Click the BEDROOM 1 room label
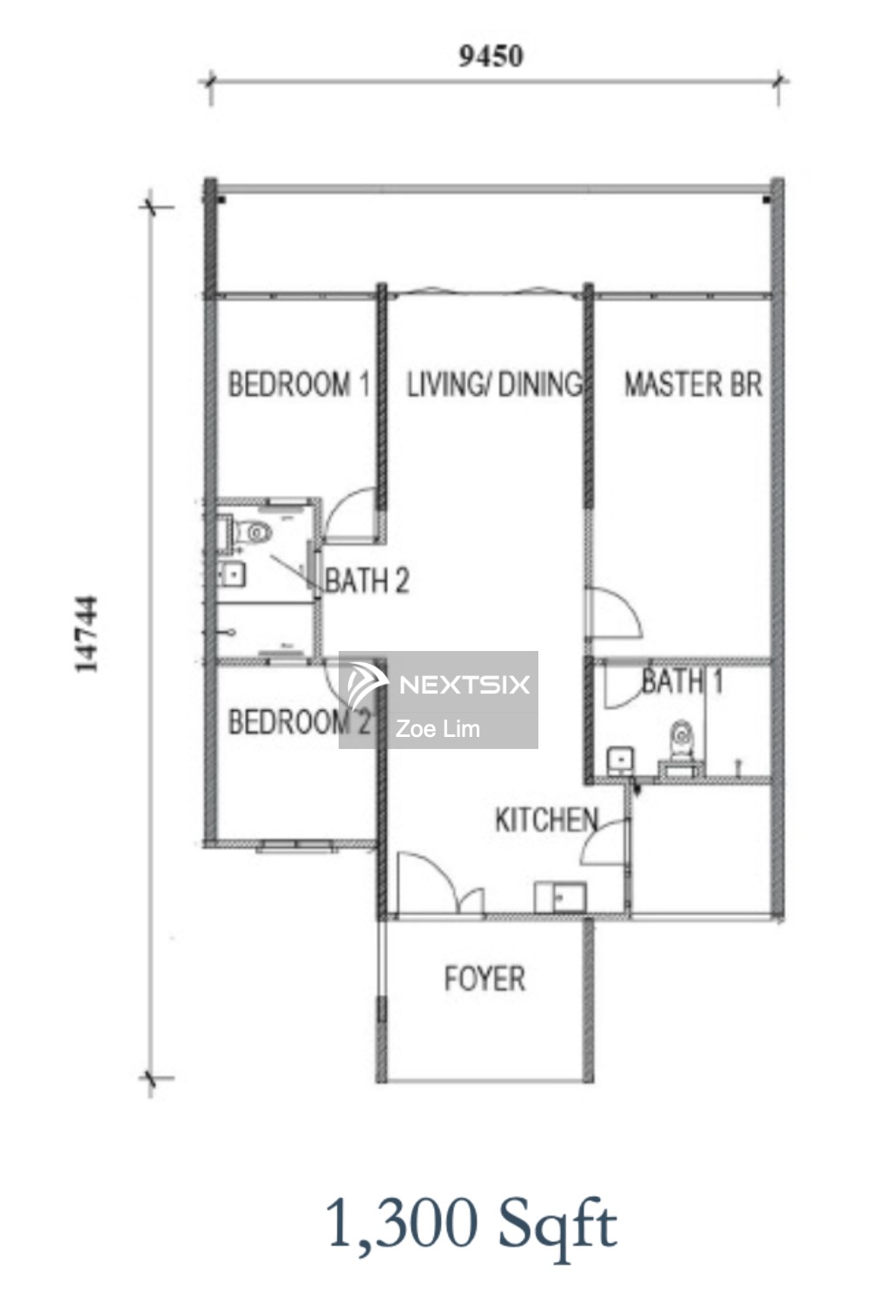pyautogui.click(x=299, y=385)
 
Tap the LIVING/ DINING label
pyautogui.click(x=494, y=385)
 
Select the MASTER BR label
pyautogui.click(x=693, y=385)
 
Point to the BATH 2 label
pyautogui.click(x=367, y=580)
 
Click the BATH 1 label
pyautogui.click(x=682, y=681)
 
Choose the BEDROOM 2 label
pyautogui.click(x=299, y=722)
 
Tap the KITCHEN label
pyautogui.click(x=546, y=819)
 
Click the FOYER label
pyautogui.click(x=485, y=978)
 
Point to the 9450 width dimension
pyautogui.click(x=491, y=56)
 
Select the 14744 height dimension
pyautogui.click(x=87, y=634)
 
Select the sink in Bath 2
pyautogui.click(x=232, y=575)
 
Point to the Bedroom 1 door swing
pyautogui.click(x=351, y=512)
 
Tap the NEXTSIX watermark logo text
pyautogui.click(x=465, y=685)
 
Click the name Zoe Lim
pyautogui.click(x=438, y=729)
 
